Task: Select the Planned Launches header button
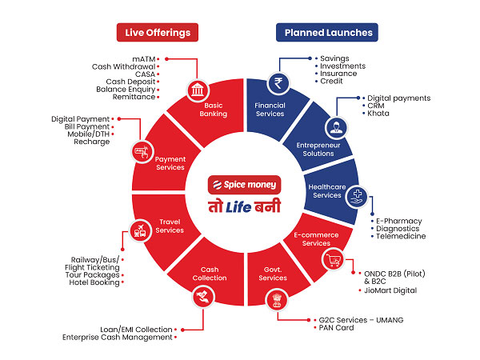coord(326,32)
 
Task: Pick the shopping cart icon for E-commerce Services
coord(330,260)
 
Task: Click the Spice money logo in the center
coord(243,185)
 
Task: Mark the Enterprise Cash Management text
coord(117,338)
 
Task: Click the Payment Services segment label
coord(170,162)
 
